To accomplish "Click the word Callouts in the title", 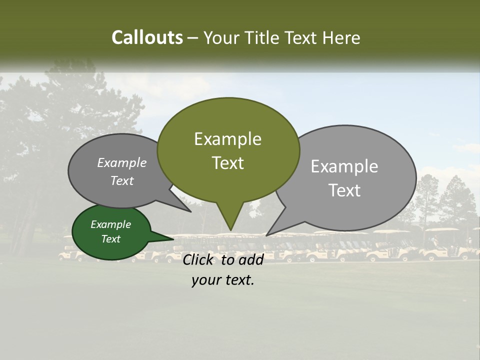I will click(147, 37).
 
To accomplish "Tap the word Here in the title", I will click(341, 38).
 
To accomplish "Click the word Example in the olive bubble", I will click(227, 139).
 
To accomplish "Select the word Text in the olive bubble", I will click(227, 163).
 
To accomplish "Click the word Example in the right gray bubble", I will click(344, 166).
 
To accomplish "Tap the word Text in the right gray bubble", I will click(344, 190).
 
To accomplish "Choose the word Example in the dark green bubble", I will click(110, 224).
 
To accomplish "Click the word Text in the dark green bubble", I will click(110, 239).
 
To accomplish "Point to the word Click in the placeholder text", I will click(198, 259).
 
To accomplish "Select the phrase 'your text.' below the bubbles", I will click(222, 280).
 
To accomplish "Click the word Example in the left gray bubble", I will click(121, 163).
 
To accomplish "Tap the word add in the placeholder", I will click(250, 259).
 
